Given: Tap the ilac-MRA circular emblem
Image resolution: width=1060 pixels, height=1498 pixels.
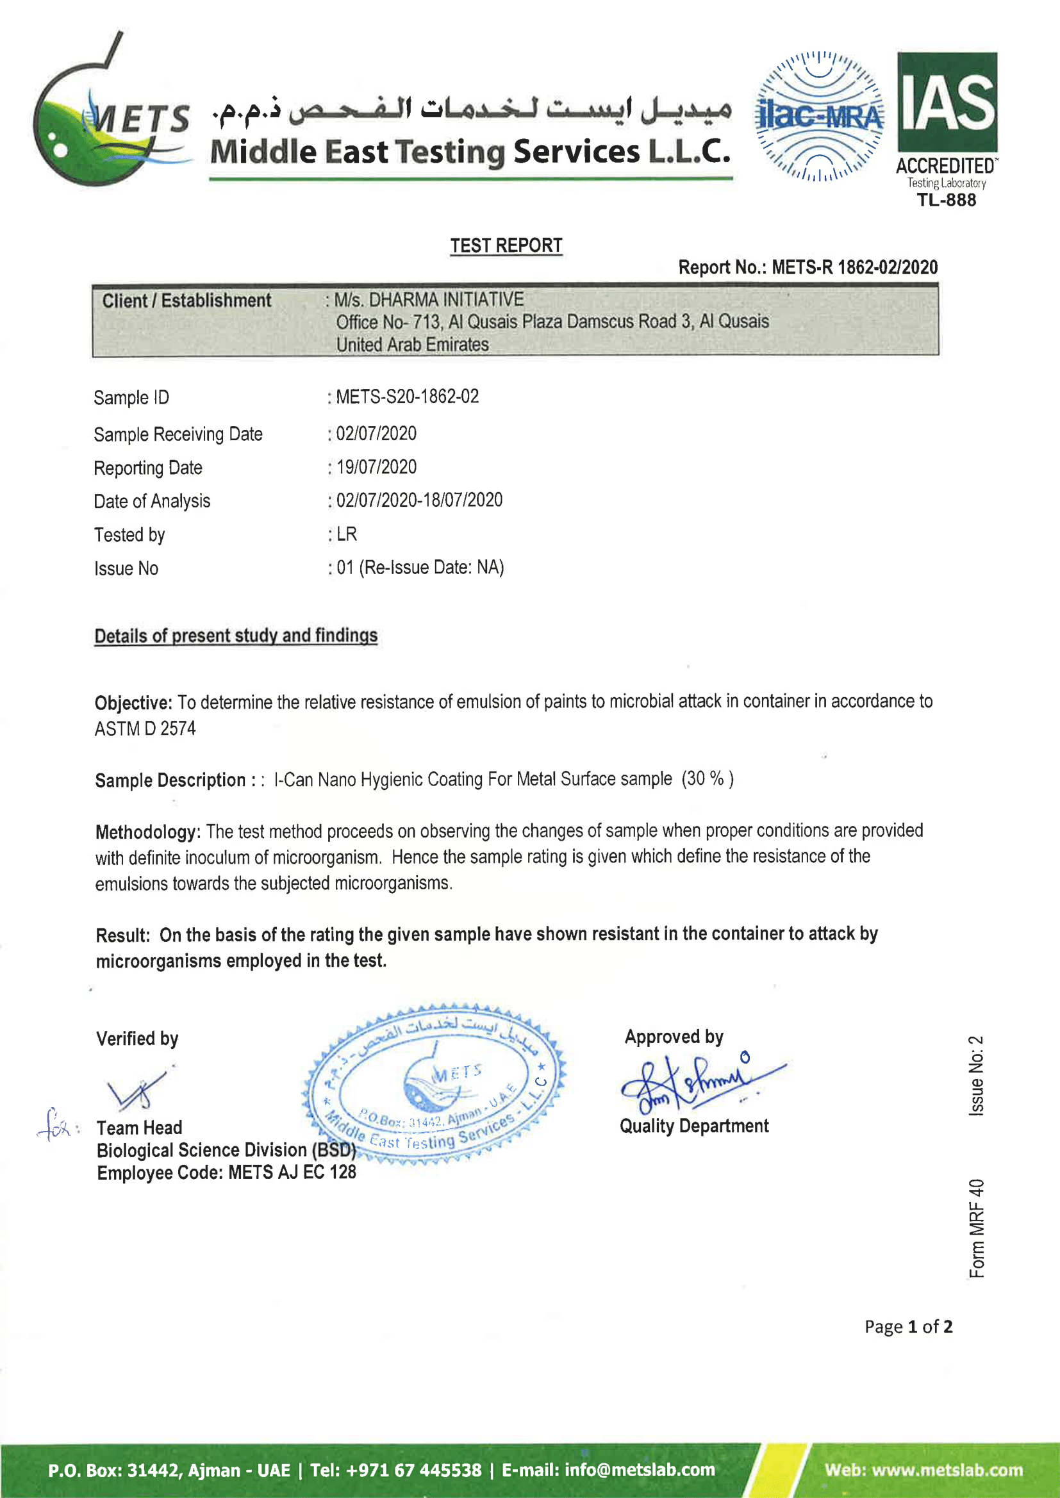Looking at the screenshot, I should [x=819, y=116].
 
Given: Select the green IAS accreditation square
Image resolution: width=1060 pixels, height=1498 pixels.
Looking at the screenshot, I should [x=947, y=103].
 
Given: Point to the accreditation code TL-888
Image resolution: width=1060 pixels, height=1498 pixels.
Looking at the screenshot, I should [x=947, y=201].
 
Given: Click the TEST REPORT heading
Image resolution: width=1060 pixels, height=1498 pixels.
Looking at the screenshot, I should [x=506, y=246].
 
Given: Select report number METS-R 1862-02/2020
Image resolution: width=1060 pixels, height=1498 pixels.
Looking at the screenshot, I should [x=854, y=268].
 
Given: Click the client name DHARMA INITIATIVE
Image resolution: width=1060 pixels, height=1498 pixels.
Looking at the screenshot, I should [x=447, y=300].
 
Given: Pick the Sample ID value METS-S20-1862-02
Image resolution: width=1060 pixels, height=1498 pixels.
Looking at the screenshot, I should [x=408, y=397].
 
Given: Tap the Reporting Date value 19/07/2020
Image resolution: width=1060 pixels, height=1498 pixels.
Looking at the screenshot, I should [x=377, y=467].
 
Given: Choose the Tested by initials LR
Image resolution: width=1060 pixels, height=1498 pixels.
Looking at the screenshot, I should [x=347, y=534].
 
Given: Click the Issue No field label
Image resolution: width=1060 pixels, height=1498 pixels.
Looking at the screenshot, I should [x=126, y=569].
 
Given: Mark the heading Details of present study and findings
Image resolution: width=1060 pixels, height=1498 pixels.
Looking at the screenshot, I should [x=236, y=636].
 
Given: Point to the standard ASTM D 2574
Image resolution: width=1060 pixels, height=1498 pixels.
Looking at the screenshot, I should [x=145, y=728].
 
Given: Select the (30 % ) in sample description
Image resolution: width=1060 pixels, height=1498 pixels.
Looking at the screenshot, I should [x=708, y=778].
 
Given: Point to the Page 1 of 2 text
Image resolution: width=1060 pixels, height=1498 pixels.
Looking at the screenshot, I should [x=908, y=1326].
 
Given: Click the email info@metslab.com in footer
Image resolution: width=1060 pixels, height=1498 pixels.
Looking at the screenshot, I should [x=640, y=1470].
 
